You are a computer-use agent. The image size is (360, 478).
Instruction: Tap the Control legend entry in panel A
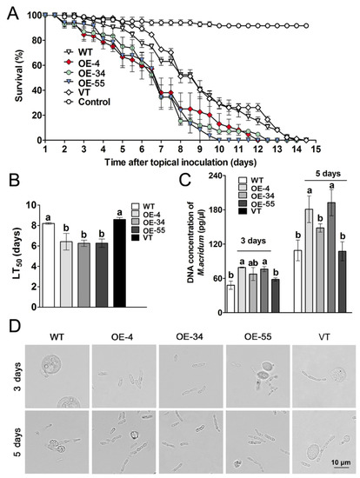[87, 102]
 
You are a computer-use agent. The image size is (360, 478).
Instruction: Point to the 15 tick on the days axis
[316, 149]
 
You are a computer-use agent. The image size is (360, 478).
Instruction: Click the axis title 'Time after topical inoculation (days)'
[181, 162]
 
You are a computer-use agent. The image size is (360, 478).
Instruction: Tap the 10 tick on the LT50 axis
[30, 205]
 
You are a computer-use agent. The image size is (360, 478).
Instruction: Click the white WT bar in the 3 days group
[231, 299]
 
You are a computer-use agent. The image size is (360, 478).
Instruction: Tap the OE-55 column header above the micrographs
[257, 337]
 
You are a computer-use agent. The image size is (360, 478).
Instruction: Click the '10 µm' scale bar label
[341, 462]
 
